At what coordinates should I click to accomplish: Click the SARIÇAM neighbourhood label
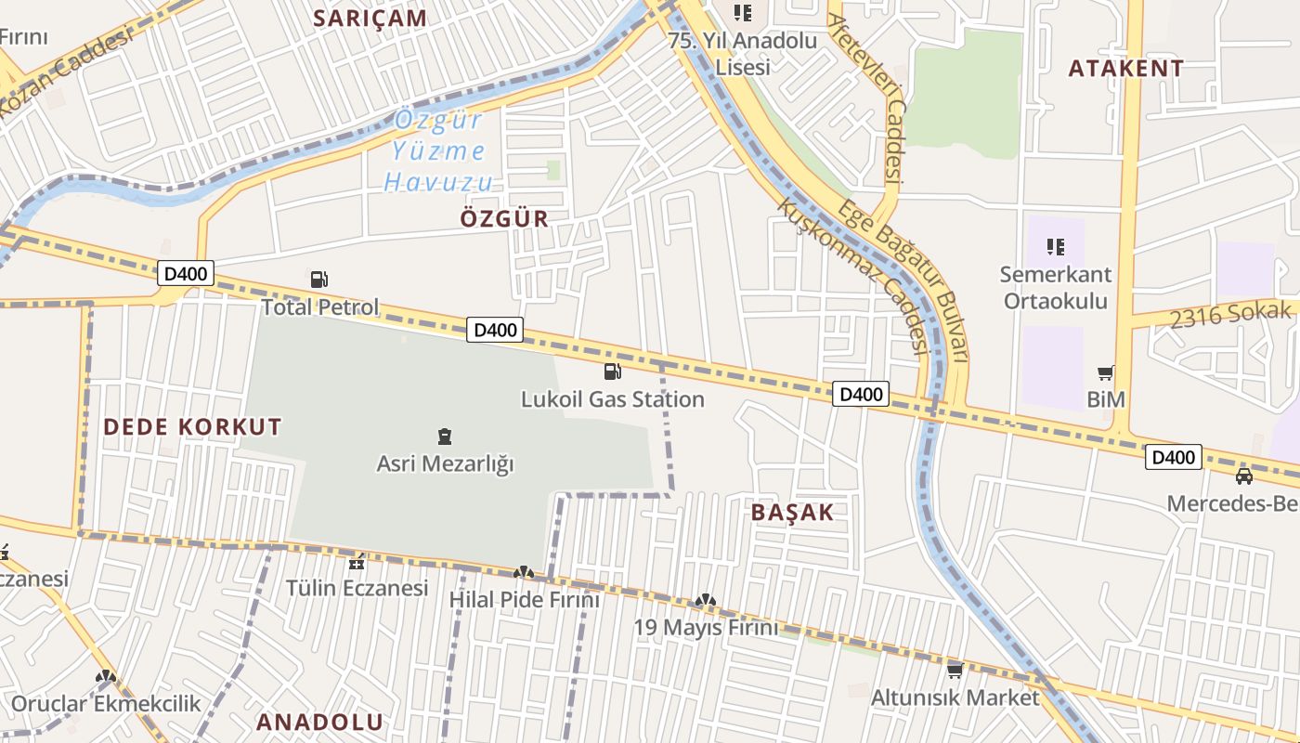coord(370,18)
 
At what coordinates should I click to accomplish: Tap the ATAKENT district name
coord(1125,68)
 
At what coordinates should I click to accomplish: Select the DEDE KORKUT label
coord(192,427)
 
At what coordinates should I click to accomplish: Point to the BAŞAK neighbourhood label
coord(792,513)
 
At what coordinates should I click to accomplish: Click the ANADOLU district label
coord(319,722)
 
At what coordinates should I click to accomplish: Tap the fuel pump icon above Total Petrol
coord(318,279)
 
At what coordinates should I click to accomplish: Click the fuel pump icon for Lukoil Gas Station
coord(612,371)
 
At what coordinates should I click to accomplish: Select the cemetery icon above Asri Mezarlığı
coord(444,436)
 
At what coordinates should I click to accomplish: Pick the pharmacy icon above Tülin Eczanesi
coord(357,562)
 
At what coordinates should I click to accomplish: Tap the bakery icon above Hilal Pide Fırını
coord(524,574)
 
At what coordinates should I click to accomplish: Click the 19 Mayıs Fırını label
coord(706,628)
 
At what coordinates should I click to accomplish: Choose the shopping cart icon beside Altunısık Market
coord(955,671)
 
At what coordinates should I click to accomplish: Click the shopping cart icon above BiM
coord(1105,372)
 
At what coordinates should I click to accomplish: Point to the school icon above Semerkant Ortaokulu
coord(1054,247)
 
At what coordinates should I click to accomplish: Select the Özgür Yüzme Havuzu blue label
coord(438,150)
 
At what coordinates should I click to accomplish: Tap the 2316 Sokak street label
coord(1230,315)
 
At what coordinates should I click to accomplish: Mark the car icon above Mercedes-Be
coord(1243,476)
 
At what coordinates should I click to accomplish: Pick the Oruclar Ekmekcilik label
coord(106,703)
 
